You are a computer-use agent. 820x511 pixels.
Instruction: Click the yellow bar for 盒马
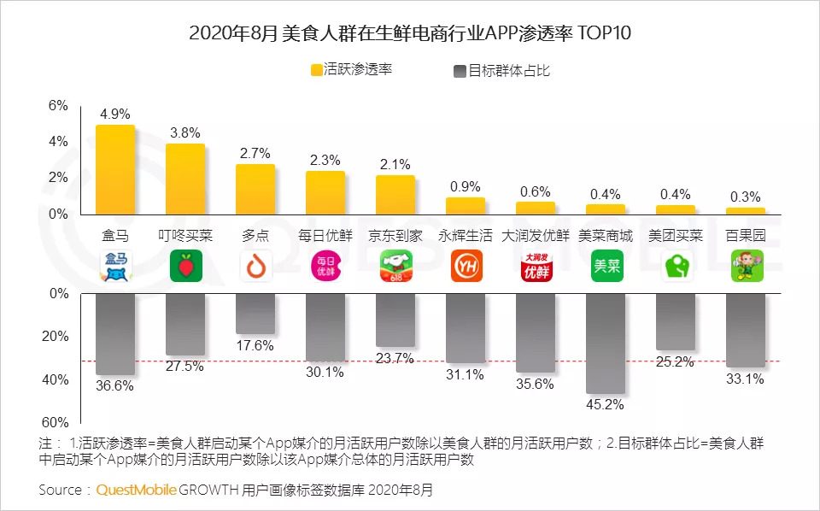pos(114,169)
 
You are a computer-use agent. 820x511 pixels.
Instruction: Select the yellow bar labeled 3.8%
pos(184,179)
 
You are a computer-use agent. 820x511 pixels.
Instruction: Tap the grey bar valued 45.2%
pos(605,342)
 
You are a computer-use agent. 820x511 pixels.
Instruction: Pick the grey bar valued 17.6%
pos(255,313)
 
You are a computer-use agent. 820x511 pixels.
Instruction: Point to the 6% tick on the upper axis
pos(58,106)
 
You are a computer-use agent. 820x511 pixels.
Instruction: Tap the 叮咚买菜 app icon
pos(184,267)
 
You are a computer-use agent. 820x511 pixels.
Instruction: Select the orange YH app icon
pos(465,267)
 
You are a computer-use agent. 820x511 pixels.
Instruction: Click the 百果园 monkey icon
pos(746,267)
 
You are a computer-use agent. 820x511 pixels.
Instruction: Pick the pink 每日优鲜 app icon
pos(325,267)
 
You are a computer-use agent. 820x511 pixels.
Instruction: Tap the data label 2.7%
pos(255,154)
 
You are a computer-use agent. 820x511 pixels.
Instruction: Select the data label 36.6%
pos(114,386)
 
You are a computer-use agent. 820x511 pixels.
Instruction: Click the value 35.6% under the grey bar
pos(535,384)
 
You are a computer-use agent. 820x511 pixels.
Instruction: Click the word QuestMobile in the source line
pos(137,490)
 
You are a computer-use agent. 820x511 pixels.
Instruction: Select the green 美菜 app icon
pos(605,267)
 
